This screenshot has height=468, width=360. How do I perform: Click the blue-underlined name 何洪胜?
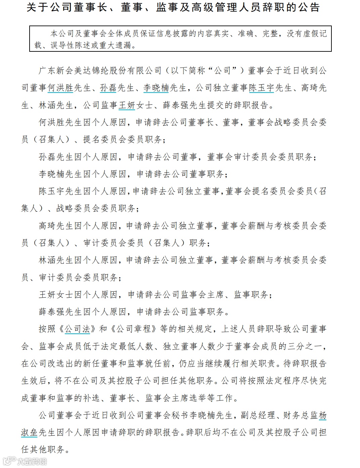[61, 88]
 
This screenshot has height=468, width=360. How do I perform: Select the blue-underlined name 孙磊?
[108, 88]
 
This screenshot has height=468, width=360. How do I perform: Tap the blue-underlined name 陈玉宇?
[262, 88]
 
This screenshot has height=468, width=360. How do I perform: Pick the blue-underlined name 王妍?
[127, 105]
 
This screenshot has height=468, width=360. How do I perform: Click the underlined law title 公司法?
[77, 329]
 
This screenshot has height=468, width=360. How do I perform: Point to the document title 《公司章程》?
[133, 329]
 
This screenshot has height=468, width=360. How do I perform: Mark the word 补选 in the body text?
[91, 398]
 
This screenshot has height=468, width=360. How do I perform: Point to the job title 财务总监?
[301, 416]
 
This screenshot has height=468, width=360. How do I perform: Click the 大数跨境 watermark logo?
[25, 461]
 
